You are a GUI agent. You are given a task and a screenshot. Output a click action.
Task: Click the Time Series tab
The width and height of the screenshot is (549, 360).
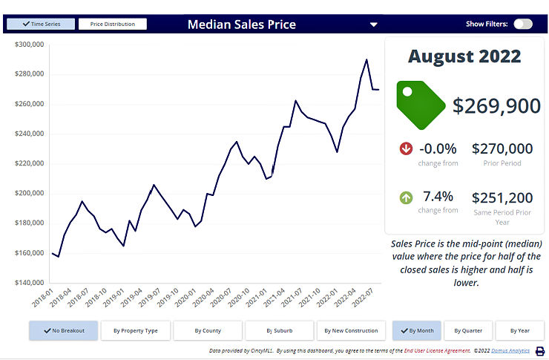(x=41, y=24)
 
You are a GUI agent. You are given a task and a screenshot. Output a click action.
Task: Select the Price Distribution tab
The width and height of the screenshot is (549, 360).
(x=113, y=24)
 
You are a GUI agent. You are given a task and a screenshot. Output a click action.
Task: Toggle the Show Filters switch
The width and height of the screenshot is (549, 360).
(x=522, y=24)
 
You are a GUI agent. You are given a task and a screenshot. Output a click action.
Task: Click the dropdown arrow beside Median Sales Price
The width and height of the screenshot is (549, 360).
(x=374, y=24)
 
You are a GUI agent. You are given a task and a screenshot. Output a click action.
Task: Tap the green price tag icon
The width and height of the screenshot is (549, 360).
(x=420, y=105)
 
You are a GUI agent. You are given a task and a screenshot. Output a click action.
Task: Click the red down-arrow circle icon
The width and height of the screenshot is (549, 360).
(x=406, y=149)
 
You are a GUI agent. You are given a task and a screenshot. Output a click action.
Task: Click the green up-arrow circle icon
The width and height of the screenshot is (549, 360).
(x=406, y=197)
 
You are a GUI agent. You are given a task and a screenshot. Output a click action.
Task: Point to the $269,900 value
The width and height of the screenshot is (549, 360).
(x=496, y=105)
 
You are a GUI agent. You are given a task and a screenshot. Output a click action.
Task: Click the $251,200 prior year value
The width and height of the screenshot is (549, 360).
(x=502, y=197)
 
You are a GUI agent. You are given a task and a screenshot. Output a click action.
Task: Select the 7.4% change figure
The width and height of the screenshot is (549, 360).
(x=437, y=197)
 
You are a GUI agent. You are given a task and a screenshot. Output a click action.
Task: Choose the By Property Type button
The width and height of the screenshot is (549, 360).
(x=135, y=330)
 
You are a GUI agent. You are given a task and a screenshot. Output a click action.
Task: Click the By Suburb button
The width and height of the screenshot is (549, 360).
(x=280, y=330)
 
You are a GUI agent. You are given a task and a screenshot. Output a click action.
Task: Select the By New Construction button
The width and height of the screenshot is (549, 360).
(x=352, y=330)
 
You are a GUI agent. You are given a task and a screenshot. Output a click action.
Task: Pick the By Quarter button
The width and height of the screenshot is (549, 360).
(x=467, y=330)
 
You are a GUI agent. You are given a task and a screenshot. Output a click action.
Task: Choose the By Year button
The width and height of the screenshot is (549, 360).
(x=519, y=330)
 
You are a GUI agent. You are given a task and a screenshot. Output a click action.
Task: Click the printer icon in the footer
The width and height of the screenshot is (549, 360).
(x=540, y=351)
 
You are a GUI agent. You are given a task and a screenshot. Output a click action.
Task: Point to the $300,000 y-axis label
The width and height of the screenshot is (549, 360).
(x=30, y=45)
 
